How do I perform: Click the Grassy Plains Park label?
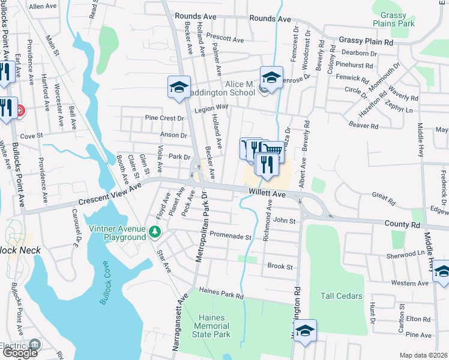(x=394, y=19)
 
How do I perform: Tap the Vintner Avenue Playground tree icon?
(x=155, y=231)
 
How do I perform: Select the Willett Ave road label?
(x=267, y=193)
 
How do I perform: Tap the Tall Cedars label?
(x=342, y=296)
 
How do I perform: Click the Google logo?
(x=20, y=353)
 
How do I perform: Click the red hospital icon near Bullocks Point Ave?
(x=20, y=110)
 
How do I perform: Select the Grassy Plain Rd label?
(x=366, y=42)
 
